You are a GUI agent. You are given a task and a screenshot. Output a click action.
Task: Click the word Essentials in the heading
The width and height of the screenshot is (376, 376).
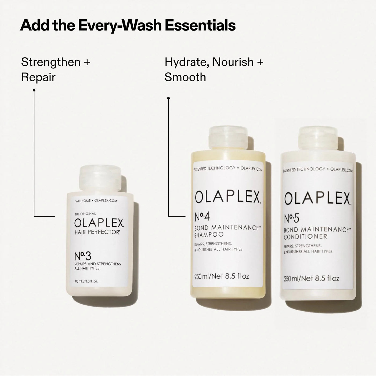pos(200,25)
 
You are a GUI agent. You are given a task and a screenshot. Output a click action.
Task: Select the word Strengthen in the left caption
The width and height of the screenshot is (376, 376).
pos(51,62)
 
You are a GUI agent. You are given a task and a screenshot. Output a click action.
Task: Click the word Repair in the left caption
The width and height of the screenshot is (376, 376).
pos(38,77)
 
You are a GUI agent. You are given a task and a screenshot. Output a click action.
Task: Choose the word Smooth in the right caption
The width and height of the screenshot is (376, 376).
pos(185,77)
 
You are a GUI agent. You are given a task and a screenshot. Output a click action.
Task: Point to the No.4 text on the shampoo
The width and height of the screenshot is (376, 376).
pos(202,217)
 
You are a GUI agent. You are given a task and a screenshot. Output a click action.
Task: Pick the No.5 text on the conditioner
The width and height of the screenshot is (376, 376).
pos(291,219)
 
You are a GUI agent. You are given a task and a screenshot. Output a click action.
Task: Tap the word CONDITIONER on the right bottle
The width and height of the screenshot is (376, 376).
pos(302,237)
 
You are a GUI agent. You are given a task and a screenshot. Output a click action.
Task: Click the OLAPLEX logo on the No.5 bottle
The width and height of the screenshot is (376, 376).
pos(317,199)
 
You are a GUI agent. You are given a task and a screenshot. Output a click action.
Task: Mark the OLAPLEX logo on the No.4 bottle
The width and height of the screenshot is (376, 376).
pos(228,197)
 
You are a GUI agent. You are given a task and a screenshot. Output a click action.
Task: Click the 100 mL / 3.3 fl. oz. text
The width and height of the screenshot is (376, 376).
pos(86,282)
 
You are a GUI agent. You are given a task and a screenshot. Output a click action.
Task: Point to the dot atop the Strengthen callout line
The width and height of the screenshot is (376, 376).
pos(34,90)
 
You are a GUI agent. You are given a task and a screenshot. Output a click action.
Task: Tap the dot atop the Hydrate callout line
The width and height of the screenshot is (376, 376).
pos(168,98)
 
